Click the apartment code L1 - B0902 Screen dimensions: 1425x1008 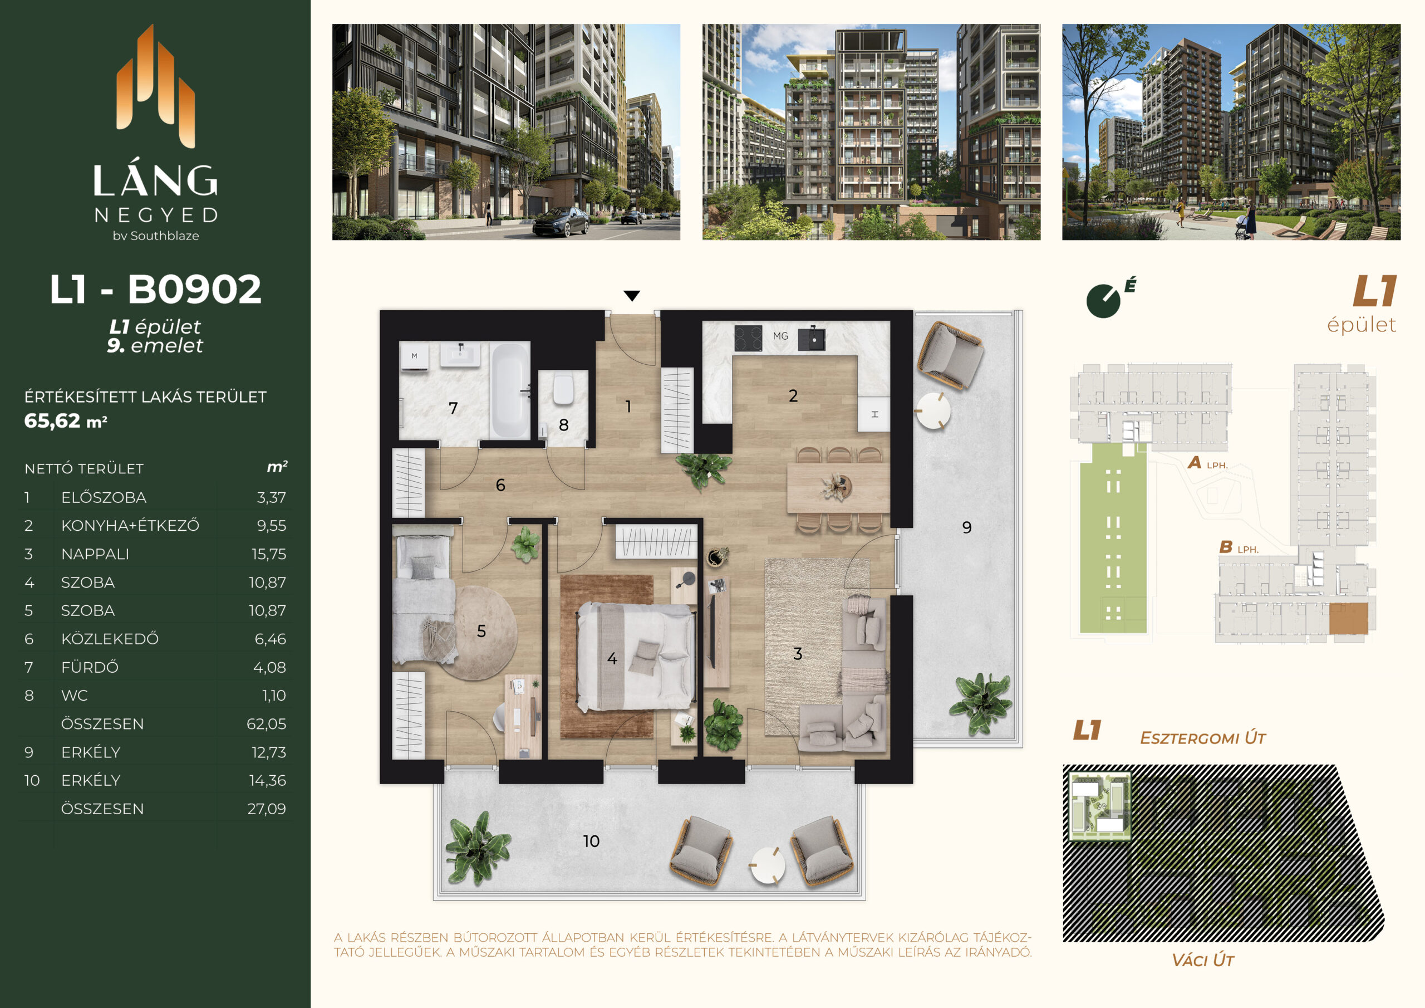tap(155, 290)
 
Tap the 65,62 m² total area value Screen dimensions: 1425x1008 tap(66, 421)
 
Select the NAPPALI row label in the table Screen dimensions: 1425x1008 tap(95, 554)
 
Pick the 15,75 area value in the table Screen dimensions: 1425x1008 tap(269, 554)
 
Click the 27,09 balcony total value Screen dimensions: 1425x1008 tap(267, 809)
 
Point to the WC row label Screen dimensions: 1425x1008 tap(75, 696)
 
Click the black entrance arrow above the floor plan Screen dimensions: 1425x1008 tap(632, 296)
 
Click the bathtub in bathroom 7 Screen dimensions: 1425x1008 tap(509, 392)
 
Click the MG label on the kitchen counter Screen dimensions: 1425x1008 tap(780, 336)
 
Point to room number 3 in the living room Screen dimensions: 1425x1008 tap(798, 653)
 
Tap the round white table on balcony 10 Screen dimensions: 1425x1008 tap(767, 865)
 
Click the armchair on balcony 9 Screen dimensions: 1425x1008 tap(950, 355)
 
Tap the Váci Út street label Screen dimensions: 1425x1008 tap(1202, 960)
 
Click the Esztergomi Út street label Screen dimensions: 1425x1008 tap(1202, 738)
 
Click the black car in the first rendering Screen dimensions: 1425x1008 tap(561, 222)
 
